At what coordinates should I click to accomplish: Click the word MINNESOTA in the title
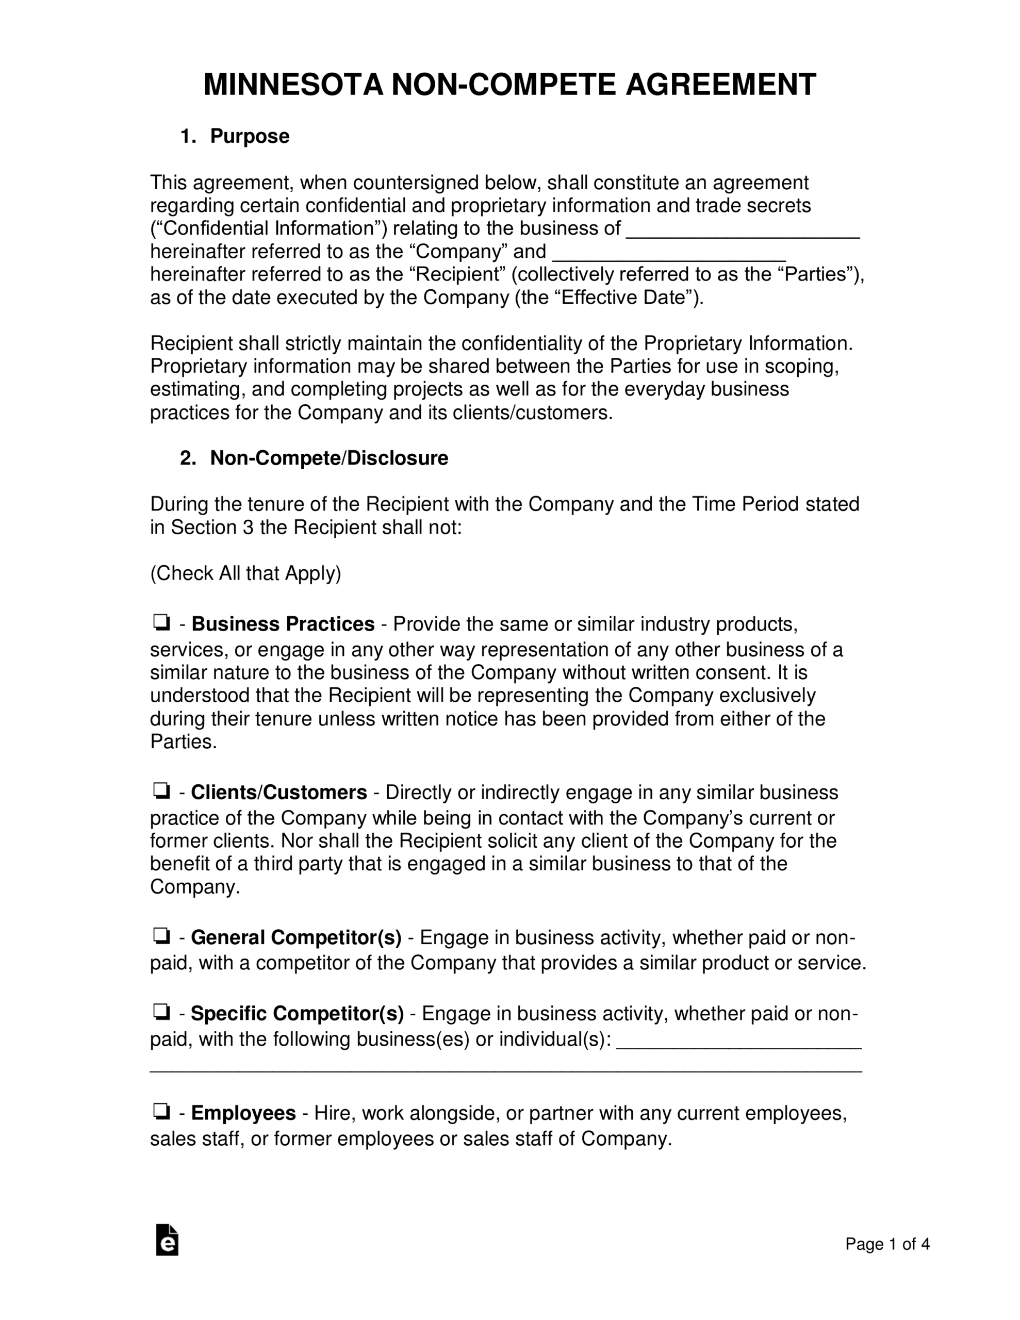pyautogui.click(x=293, y=85)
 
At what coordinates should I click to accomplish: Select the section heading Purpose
pyautogui.click(x=249, y=137)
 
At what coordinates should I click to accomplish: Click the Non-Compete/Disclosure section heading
pyautogui.click(x=329, y=458)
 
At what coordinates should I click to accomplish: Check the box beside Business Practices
pyautogui.click(x=161, y=622)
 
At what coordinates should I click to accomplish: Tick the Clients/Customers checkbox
pyautogui.click(x=161, y=790)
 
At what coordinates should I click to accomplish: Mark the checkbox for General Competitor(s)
pyautogui.click(x=161, y=936)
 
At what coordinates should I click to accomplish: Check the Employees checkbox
pyautogui.click(x=161, y=1110)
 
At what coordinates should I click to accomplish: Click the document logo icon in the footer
pyautogui.click(x=167, y=1240)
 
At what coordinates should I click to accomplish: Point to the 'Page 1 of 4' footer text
pyautogui.click(x=887, y=1244)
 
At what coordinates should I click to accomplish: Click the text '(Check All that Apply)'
pyautogui.click(x=245, y=573)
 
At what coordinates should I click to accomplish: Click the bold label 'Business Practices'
pyautogui.click(x=283, y=624)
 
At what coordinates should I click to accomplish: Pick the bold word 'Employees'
pyautogui.click(x=243, y=1113)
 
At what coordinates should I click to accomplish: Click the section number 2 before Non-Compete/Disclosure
pyautogui.click(x=187, y=458)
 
